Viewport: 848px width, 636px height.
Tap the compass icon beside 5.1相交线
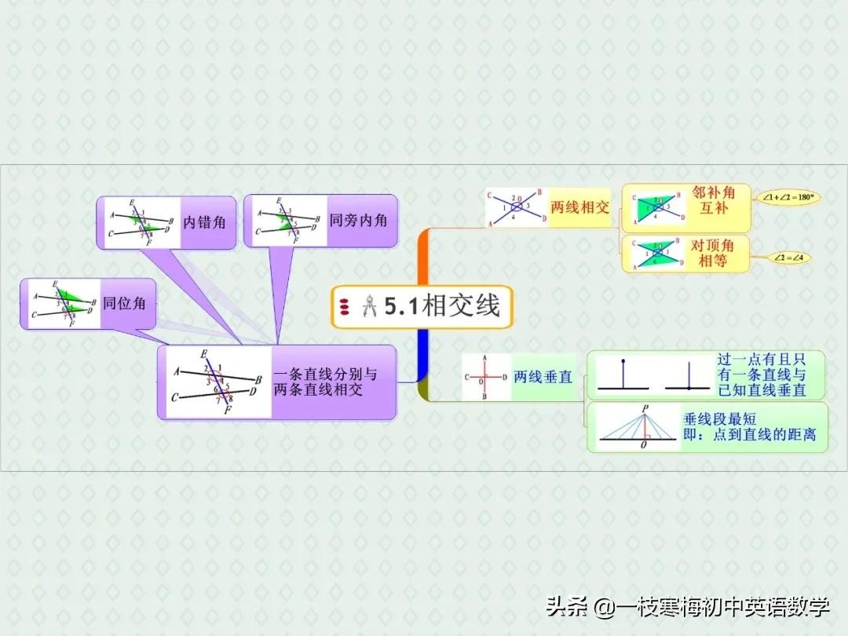click(369, 306)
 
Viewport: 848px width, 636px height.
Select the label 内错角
click(204, 222)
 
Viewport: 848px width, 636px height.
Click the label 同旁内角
click(358, 221)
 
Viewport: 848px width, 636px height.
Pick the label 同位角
click(124, 303)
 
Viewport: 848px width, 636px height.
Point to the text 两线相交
click(579, 207)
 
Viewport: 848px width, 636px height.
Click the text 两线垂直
click(543, 377)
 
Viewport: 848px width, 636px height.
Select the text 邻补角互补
click(713, 200)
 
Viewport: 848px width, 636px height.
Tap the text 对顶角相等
click(713, 253)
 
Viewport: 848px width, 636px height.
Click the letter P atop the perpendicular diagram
click(645, 408)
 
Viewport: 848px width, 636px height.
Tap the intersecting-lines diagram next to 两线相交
click(516, 207)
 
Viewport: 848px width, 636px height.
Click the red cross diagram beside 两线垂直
click(484, 378)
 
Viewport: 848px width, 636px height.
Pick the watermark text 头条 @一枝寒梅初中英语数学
click(688, 606)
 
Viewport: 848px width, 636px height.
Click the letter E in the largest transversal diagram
click(204, 354)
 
